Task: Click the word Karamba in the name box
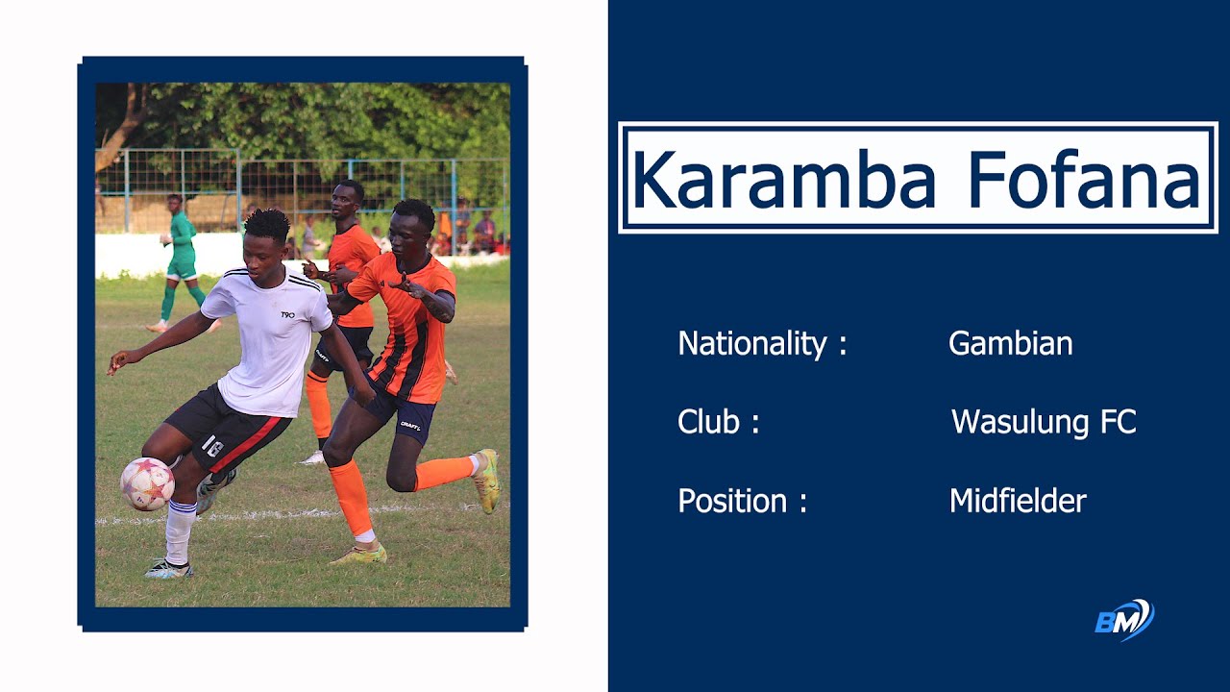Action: (783, 180)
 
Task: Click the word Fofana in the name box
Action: (1085, 180)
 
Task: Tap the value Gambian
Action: (1010, 344)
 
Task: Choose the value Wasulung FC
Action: (1044, 422)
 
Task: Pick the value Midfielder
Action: (1018, 501)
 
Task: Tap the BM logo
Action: (1124, 620)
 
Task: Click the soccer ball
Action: (147, 483)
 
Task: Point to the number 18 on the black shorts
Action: (212, 446)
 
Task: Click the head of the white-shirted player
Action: (266, 236)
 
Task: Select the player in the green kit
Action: (180, 259)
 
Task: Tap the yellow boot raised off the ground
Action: (488, 480)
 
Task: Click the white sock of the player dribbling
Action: (179, 531)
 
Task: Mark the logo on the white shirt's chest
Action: (287, 314)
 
